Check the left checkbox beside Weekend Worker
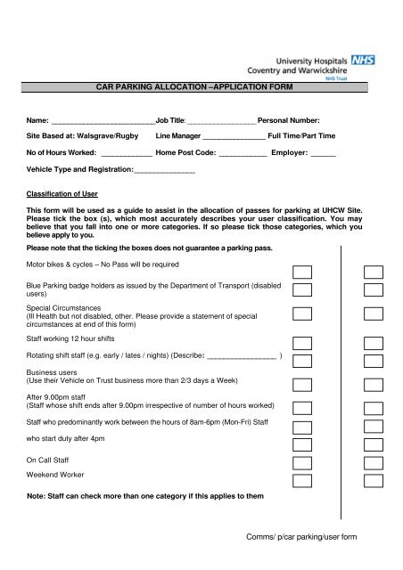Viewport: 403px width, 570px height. point(304,480)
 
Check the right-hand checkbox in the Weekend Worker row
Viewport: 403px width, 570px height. point(373,480)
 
